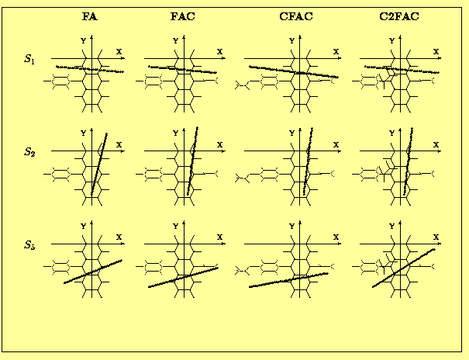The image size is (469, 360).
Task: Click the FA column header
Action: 90,16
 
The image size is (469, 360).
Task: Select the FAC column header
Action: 183,16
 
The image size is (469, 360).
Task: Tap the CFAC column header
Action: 296,16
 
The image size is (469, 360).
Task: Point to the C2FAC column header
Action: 399,16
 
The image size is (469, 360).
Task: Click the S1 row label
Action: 29,59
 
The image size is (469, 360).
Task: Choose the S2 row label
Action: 29,152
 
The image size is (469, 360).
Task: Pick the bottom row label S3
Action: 29,245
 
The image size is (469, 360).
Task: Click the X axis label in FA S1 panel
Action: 119,52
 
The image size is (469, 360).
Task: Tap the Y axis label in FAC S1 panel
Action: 175,40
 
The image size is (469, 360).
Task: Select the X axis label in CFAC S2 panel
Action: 336,145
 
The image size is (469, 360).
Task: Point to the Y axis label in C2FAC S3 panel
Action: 391,227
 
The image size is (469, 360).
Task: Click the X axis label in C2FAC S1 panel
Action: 436,52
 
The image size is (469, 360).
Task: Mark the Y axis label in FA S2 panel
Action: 84,133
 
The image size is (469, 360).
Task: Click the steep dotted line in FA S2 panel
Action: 99,164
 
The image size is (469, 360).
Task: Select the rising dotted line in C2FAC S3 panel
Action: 404,268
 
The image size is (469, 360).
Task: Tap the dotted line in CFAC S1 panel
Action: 294,72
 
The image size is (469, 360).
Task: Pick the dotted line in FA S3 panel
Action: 93,272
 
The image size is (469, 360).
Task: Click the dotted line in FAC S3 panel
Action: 183,278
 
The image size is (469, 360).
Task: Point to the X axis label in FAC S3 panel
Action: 220,237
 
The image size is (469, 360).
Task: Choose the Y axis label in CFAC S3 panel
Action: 292,227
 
